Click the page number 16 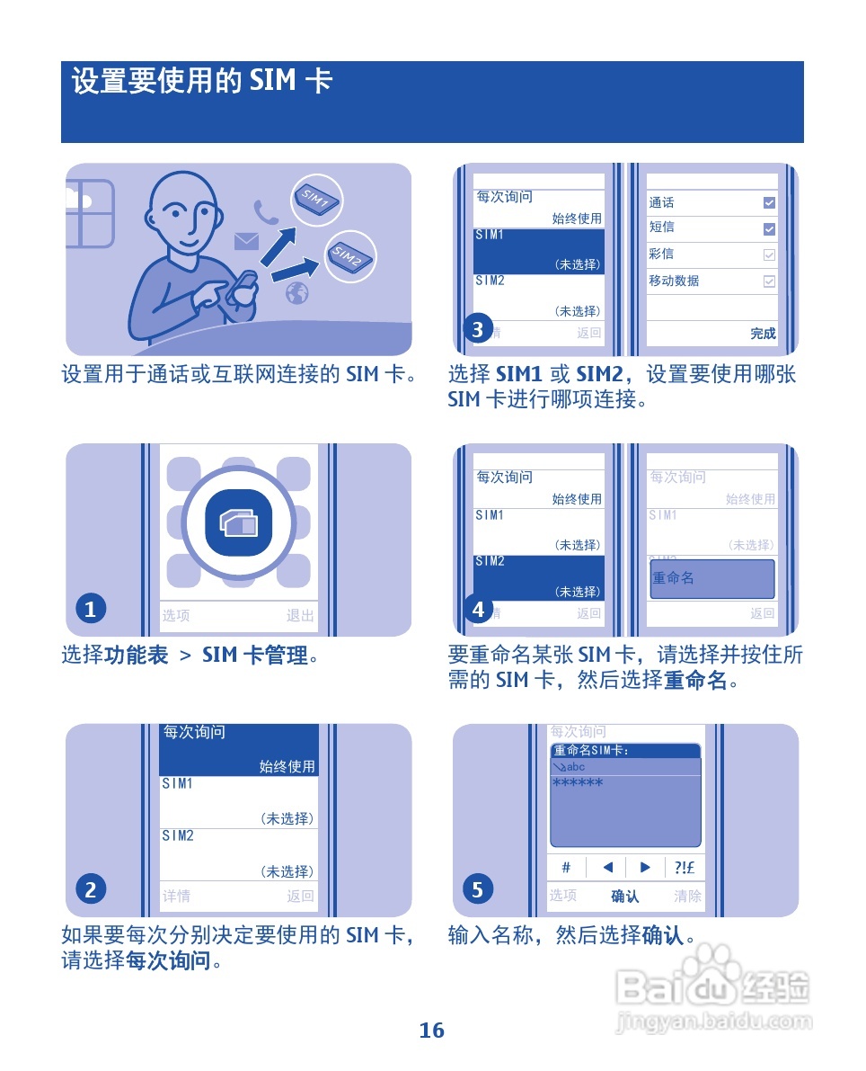coord(431,1031)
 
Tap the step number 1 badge coord(90,610)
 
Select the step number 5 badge coord(478,890)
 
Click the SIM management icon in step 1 coord(238,522)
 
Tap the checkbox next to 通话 coord(768,203)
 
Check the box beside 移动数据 coord(768,281)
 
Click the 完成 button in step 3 coord(763,334)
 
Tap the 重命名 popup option coord(711,579)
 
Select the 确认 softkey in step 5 coord(625,896)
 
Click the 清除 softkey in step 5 coord(688,896)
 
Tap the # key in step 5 coord(566,868)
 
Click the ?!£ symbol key coord(685,868)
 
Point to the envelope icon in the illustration coord(246,241)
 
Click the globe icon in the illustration coord(297,293)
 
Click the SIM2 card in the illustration coord(349,257)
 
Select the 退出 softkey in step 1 coord(300,616)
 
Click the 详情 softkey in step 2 coord(176,896)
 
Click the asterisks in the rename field coord(578,784)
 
